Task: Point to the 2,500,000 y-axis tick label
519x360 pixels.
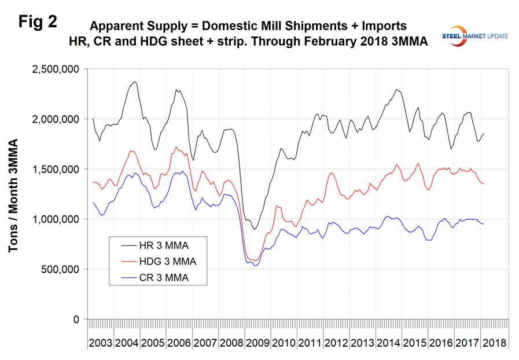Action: [54, 69]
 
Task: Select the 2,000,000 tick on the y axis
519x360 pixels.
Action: [54, 119]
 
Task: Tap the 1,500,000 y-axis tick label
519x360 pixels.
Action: [54, 170]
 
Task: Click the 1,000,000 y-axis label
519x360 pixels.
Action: [54, 219]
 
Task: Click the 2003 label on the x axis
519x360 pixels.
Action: [100, 342]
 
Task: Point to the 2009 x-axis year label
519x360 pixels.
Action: [257, 342]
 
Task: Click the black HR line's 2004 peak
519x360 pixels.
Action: [135, 82]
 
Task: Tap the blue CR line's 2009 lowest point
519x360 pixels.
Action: [255, 266]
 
